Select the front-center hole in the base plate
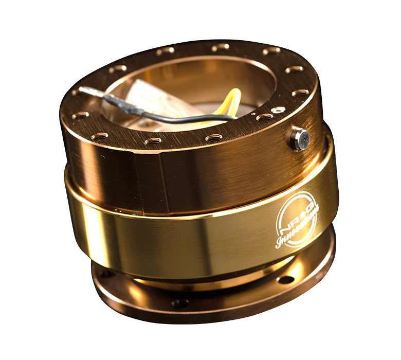click(179, 304)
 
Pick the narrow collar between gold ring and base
click(206, 280)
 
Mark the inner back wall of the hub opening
click(206, 77)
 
